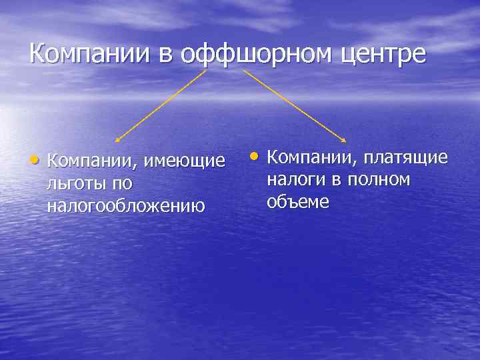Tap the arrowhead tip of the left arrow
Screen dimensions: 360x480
(x=117, y=141)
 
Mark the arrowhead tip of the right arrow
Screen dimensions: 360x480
(x=345, y=141)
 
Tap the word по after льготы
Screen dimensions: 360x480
(x=122, y=183)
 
